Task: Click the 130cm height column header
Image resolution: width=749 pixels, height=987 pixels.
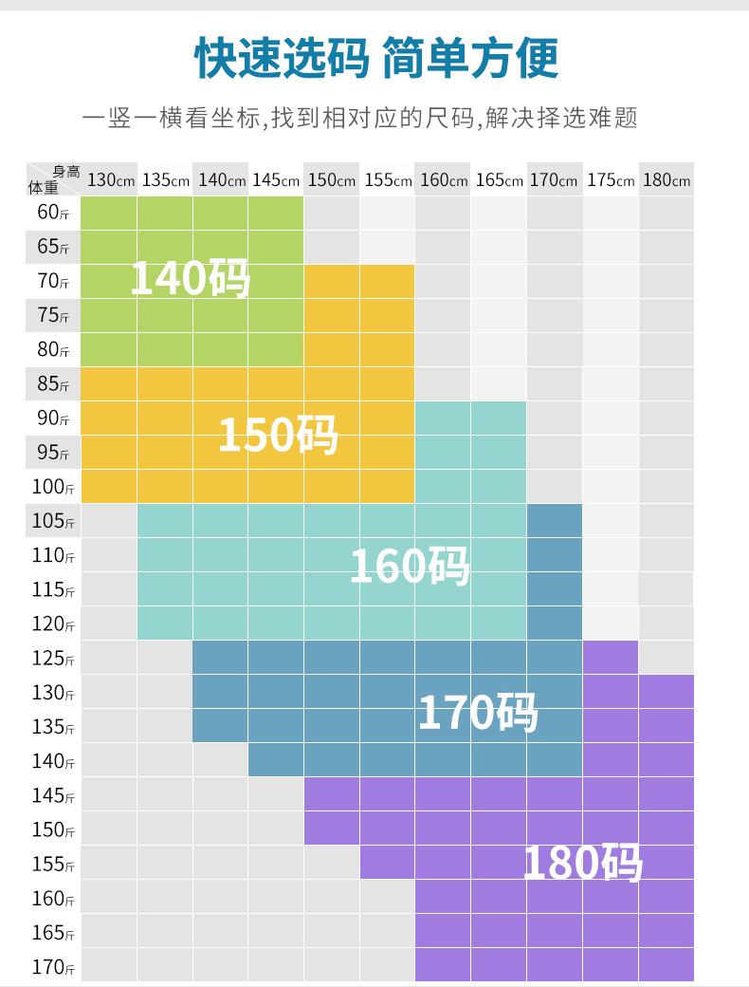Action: click(110, 179)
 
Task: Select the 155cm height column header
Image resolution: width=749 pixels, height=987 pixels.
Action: click(388, 179)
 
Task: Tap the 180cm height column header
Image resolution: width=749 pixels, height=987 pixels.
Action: click(667, 179)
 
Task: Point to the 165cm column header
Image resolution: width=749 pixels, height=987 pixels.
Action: click(499, 179)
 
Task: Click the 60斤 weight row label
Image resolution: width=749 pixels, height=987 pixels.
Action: click(53, 213)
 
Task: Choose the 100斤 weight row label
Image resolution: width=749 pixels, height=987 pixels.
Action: click(53, 487)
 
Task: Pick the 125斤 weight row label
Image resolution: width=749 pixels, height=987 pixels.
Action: click(53, 658)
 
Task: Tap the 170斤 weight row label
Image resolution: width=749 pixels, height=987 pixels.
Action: click(53, 966)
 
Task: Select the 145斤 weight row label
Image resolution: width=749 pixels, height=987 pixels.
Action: click(53, 795)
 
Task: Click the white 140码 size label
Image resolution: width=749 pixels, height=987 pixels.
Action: click(190, 278)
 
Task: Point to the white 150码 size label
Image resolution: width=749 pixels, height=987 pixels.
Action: click(278, 436)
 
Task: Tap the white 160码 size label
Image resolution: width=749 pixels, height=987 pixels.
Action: click(410, 566)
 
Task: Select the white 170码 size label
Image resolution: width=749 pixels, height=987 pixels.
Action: click(477, 713)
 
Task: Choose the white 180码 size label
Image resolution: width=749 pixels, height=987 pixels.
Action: click(583, 863)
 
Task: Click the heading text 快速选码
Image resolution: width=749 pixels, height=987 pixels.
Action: click(281, 58)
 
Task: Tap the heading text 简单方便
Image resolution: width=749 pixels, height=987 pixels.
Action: click(470, 58)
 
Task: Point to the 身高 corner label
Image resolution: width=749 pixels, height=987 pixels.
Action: click(66, 171)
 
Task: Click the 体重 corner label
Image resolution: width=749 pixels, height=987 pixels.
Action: click(43, 187)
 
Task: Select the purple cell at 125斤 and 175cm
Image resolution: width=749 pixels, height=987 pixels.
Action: click(611, 658)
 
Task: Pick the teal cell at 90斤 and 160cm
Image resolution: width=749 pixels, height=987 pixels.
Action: click(443, 419)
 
